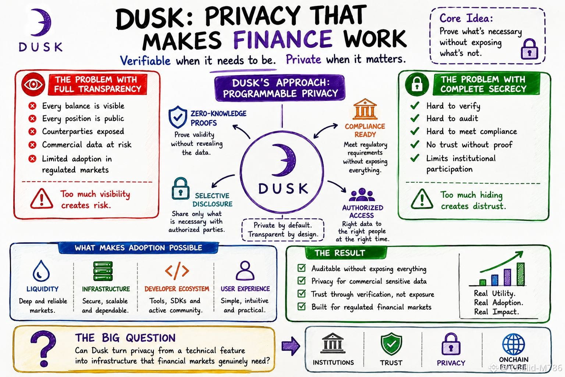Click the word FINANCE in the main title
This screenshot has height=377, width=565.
pos(283,39)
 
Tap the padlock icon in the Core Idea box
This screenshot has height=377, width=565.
pos(529,49)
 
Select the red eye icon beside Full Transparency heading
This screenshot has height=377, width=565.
pos(33,84)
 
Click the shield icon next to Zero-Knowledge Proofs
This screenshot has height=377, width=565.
pos(178,117)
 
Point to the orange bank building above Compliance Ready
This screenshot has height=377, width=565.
pos(365,109)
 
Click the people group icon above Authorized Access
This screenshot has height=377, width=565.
pos(362,194)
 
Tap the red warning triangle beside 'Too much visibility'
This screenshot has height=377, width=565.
pos(42,199)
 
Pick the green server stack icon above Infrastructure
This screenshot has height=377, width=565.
pos(103,271)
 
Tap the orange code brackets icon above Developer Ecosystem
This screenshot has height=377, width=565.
pos(177,271)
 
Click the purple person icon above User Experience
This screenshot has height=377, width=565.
pos(245,271)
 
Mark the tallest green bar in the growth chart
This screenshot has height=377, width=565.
pos(520,274)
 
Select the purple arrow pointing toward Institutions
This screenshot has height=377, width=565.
pos(291,346)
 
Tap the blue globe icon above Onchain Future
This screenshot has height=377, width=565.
pos(514,344)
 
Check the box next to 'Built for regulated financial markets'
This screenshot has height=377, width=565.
pos(302,306)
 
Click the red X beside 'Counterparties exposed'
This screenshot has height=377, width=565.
pos(32,131)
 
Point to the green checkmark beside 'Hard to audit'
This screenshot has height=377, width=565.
pos(415,118)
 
